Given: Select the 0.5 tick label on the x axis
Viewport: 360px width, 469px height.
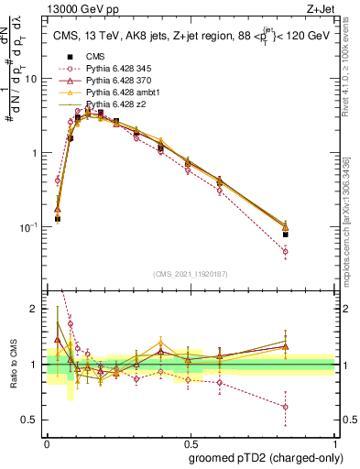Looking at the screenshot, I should click(190, 441).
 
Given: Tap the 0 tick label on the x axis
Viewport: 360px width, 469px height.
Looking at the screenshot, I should click(47, 441).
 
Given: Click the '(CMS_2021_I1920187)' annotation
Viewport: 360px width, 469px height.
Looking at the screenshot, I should click(191, 274).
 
